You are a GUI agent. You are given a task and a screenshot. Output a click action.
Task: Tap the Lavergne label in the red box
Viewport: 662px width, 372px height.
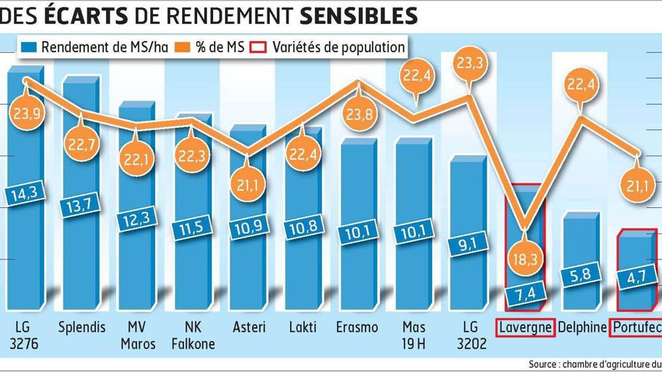coord(524,327)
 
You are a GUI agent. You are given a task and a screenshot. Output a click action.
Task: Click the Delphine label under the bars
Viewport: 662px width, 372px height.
coord(582,327)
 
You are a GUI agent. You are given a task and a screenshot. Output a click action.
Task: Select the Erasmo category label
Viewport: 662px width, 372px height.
coord(357,327)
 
